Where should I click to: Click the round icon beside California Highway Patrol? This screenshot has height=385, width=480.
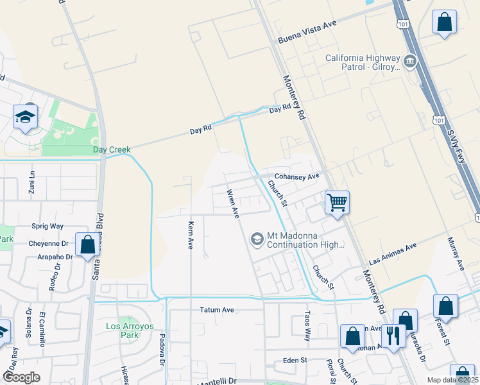(x=409, y=62)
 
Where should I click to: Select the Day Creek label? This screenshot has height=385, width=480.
(x=112, y=150)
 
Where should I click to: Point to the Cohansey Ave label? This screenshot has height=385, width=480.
(x=296, y=176)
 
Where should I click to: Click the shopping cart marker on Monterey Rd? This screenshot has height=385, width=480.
(x=337, y=203)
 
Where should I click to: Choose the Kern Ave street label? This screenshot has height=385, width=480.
(x=190, y=235)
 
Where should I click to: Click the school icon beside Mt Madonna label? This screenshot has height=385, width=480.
(x=257, y=239)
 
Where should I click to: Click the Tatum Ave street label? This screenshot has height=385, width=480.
(x=217, y=310)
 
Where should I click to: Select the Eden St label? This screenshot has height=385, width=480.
(x=295, y=361)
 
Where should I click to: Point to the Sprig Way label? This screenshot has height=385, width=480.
(x=47, y=226)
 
